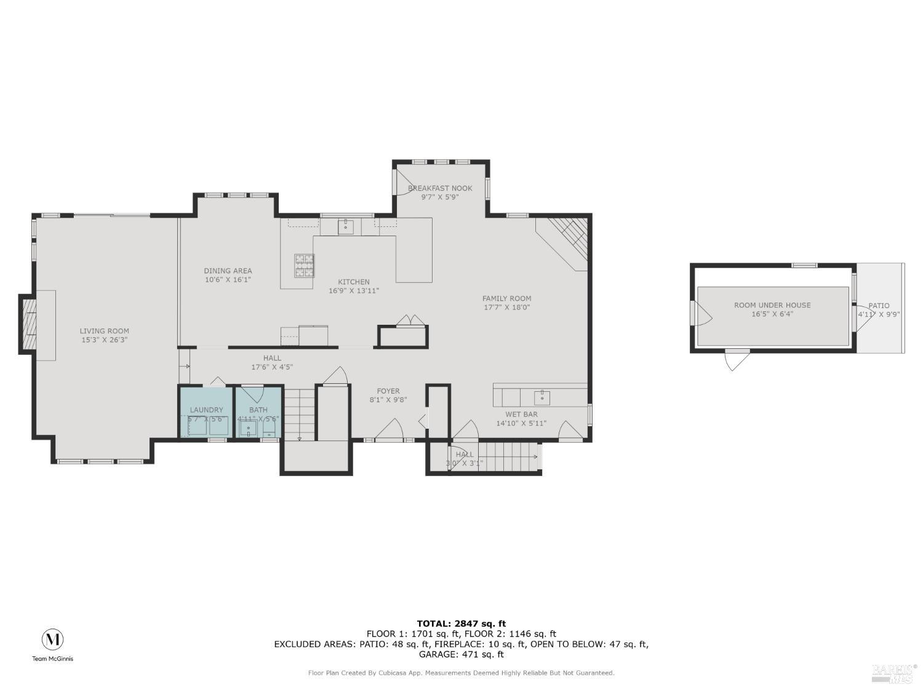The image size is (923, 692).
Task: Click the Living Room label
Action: [104, 331]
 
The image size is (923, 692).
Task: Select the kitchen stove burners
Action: [303, 266]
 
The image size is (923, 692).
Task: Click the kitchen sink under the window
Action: [345, 227]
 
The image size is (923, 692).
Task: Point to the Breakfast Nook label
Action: [440, 188]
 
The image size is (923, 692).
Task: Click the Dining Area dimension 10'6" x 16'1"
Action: [228, 280]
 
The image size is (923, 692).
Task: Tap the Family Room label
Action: [506, 298]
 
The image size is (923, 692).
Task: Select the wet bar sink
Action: [541, 397]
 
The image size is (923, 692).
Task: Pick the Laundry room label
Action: [206, 410]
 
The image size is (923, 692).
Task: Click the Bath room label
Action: [258, 410]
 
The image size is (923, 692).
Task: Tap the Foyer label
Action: [388, 391]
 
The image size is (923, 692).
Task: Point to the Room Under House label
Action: [772, 305]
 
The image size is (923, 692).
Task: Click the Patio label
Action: [879, 306]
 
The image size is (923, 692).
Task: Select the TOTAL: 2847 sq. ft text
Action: [461, 623]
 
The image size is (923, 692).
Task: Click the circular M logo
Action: [52, 640]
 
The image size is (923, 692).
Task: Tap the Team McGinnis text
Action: [52, 659]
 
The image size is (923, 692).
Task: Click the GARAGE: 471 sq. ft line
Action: [461, 654]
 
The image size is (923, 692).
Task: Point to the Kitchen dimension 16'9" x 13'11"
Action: [354, 291]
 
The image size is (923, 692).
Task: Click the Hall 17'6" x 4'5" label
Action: [272, 362]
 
